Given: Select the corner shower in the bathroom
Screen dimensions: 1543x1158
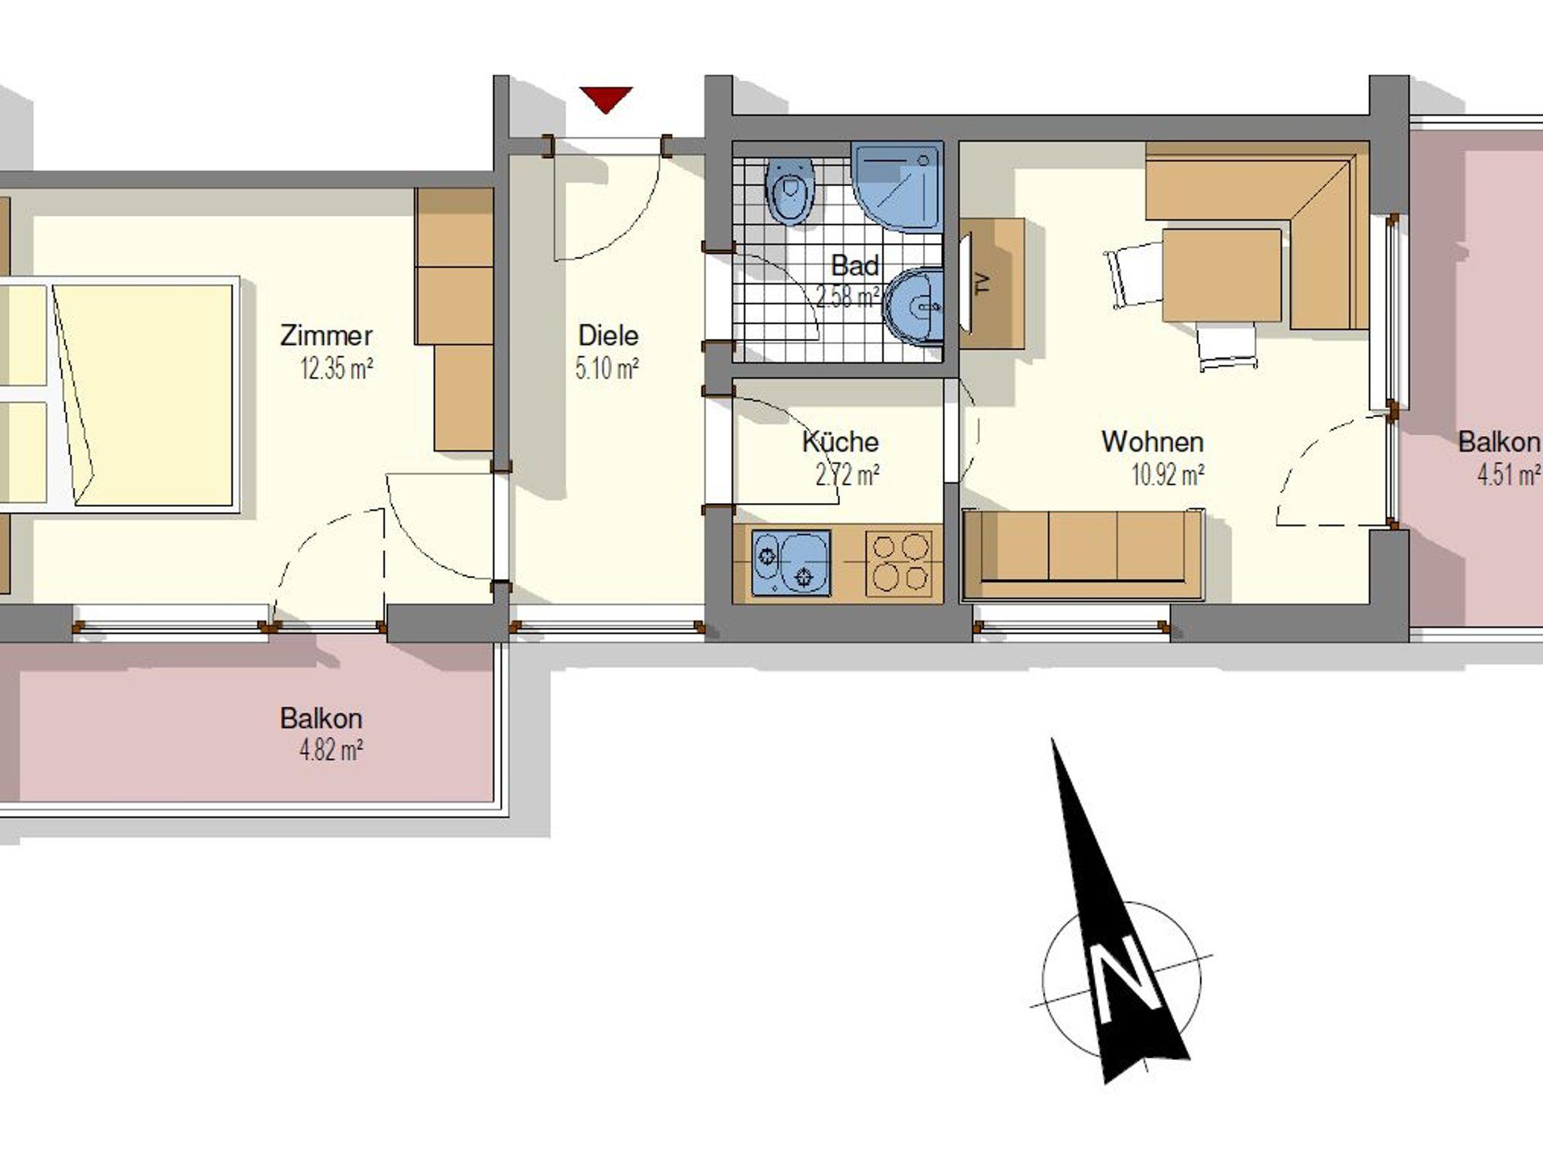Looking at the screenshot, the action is [897, 185].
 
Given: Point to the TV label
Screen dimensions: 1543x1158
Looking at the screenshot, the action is [981, 283].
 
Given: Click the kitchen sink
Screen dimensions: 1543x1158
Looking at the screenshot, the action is [791, 563].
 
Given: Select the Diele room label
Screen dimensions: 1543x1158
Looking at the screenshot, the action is [607, 335].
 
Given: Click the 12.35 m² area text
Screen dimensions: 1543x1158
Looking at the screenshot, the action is [337, 370].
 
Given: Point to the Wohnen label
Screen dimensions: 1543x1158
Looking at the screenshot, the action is [1153, 441].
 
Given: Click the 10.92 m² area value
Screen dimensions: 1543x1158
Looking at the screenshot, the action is [1168, 475].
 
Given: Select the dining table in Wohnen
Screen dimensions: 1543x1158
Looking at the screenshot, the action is [1221, 276].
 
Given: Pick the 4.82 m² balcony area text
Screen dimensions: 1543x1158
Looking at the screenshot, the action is [332, 751].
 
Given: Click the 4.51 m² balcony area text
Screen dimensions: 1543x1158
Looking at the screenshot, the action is [1509, 475].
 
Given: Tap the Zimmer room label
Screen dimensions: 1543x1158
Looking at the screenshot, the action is [326, 335].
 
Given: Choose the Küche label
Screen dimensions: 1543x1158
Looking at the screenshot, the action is [840, 441].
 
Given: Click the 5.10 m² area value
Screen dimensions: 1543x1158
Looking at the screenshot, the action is [607, 370].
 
